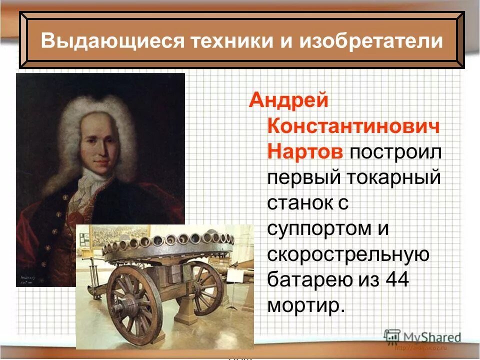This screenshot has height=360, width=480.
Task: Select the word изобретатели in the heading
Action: click(371, 40)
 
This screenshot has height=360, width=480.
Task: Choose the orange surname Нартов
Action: click(305, 151)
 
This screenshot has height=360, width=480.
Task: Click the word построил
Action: click(395, 151)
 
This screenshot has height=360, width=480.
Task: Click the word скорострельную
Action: click(348, 254)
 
